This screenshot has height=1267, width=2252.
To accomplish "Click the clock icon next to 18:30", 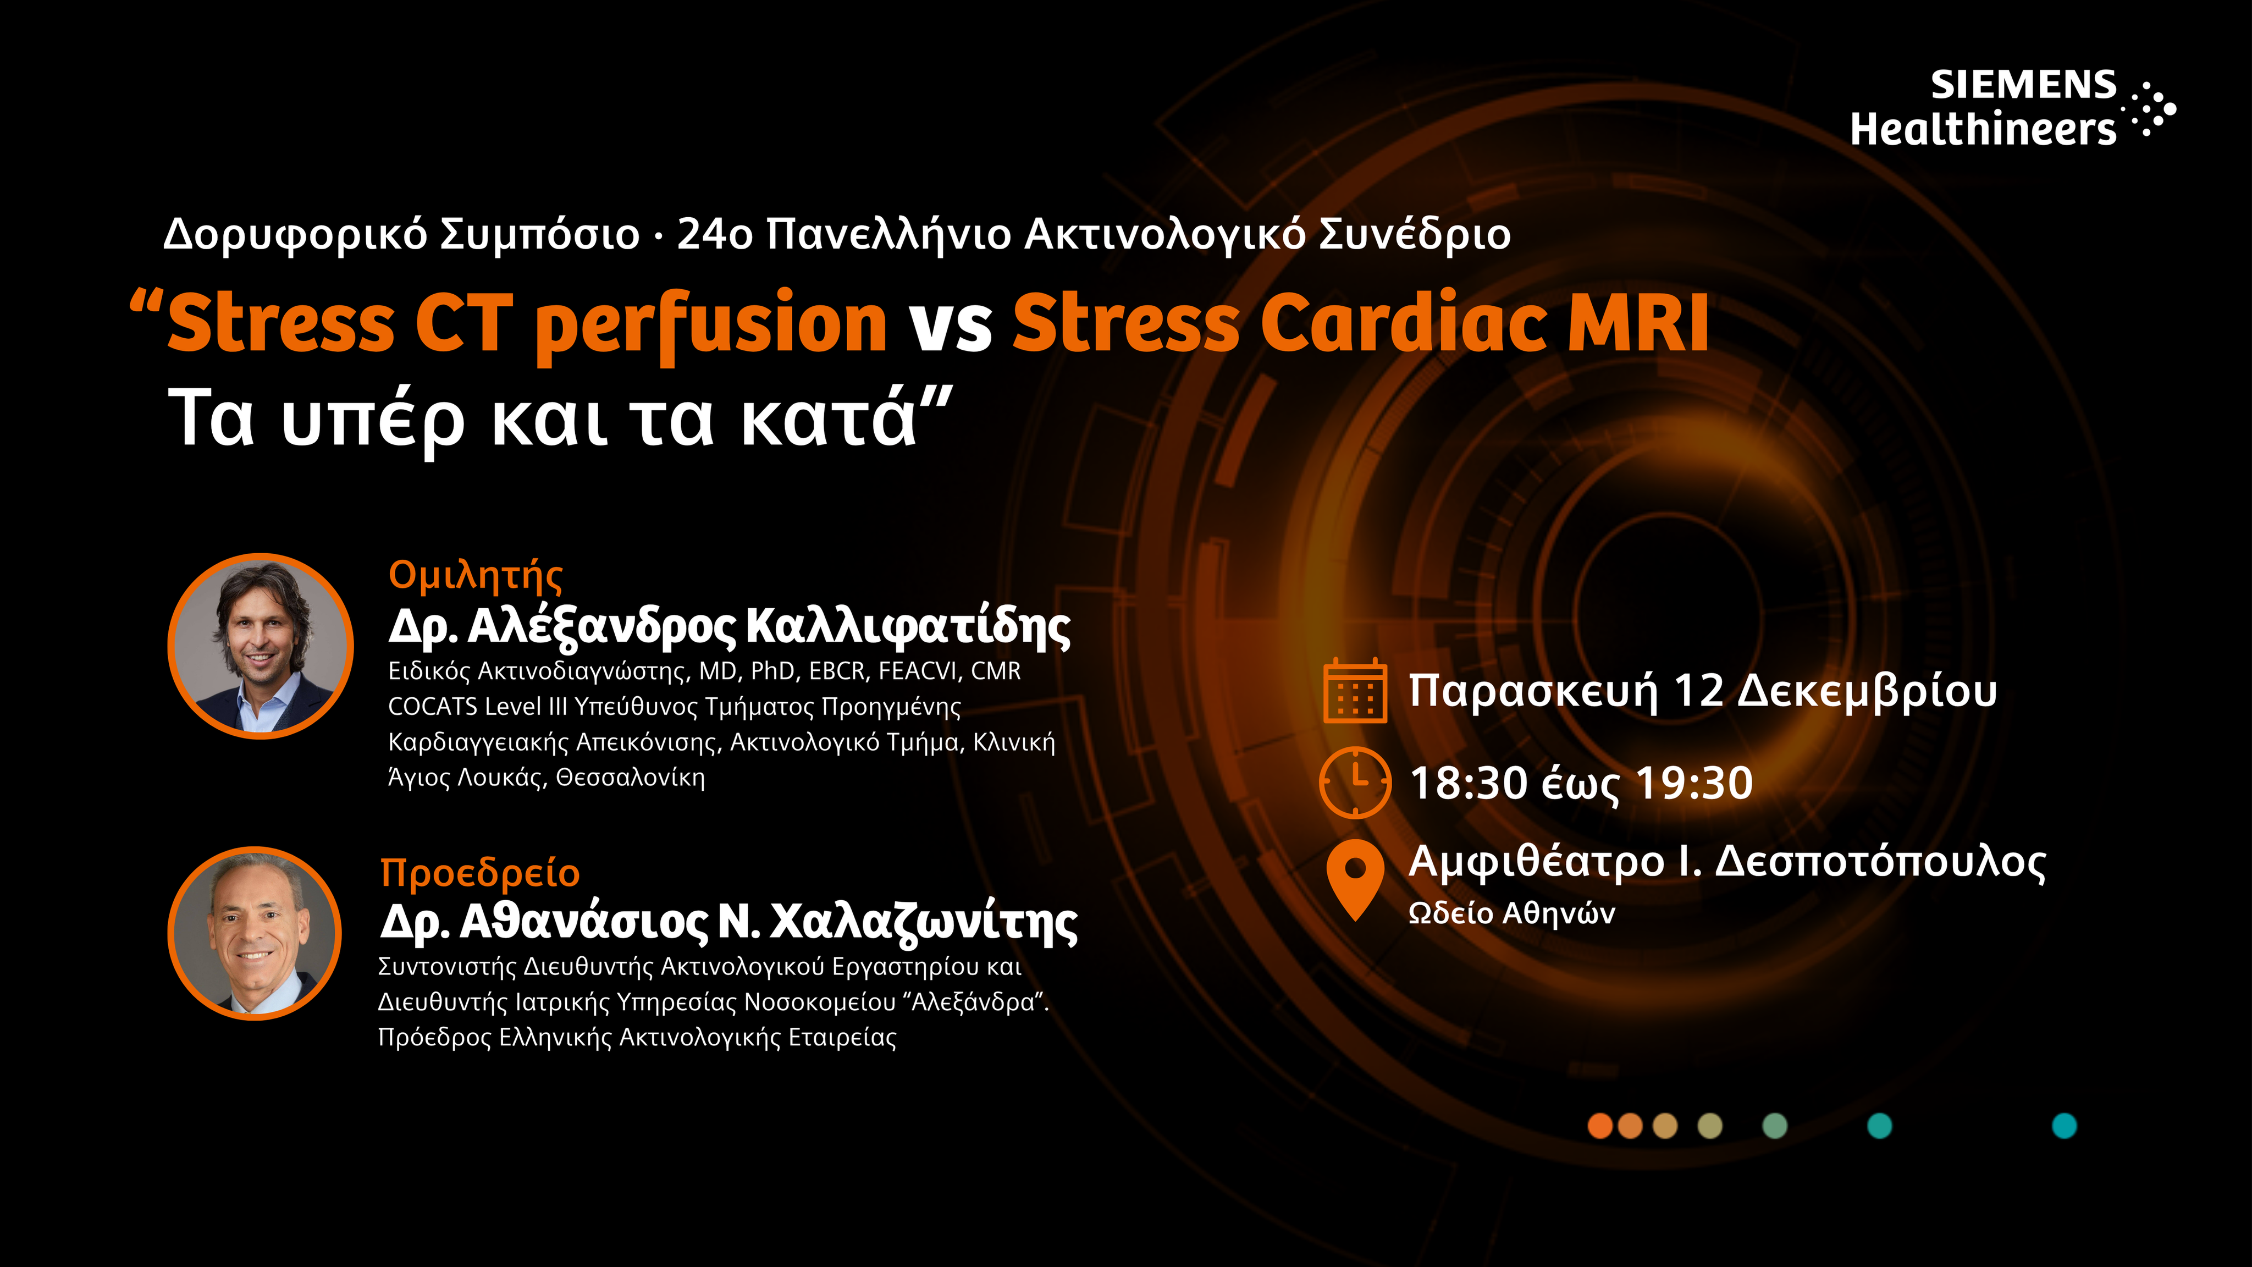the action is [x=1355, y=782].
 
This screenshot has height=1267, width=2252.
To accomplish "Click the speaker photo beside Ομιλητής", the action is [x=261, y=646].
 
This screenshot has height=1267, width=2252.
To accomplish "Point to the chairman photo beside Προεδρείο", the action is [x=255, y=933].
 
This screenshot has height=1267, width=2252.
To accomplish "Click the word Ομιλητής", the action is [x=476, y=576].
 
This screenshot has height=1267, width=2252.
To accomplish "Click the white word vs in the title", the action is [x=950, y=324].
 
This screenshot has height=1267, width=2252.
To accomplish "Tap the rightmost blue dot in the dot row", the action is [x=2064, y=1125].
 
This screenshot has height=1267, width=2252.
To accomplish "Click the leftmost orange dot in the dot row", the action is [x=1600, y=1125].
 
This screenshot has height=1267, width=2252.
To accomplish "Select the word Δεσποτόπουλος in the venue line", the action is [x=1880, y=863].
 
